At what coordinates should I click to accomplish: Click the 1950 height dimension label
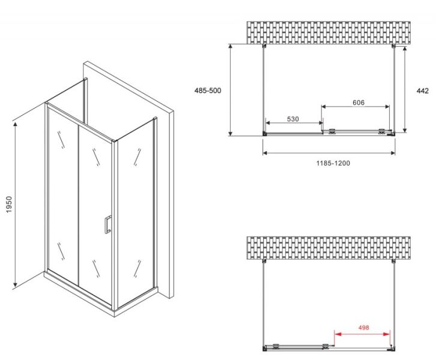(9, 205)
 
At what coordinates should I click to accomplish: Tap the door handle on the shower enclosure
(107, 224)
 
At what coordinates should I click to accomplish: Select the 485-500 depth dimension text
(208, 91)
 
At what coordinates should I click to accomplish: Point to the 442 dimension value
(422, 91)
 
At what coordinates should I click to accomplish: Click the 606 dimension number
(359, 103)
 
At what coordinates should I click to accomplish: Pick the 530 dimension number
(293, 119)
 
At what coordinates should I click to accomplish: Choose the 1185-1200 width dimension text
(333, 163)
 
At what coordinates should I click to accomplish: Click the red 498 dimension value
(363, 328)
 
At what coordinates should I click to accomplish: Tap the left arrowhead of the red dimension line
(338, 334)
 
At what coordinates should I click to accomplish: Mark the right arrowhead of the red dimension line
(387, 334)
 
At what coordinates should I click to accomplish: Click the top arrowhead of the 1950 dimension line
(16, 124)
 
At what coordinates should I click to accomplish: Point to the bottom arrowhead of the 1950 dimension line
(16, 284)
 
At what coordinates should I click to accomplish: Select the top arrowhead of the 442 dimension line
(405, 49)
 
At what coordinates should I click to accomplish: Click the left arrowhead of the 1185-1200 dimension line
(265, 153)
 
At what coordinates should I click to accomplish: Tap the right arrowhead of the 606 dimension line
(387, 106)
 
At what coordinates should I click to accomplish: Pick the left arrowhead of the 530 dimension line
(268, 123)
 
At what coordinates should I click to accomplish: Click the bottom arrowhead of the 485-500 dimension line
(230, 133)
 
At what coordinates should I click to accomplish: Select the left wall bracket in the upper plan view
(264, 46)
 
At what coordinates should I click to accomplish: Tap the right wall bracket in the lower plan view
(393, 261)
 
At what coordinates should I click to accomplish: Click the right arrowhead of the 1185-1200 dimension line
(392, 153)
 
